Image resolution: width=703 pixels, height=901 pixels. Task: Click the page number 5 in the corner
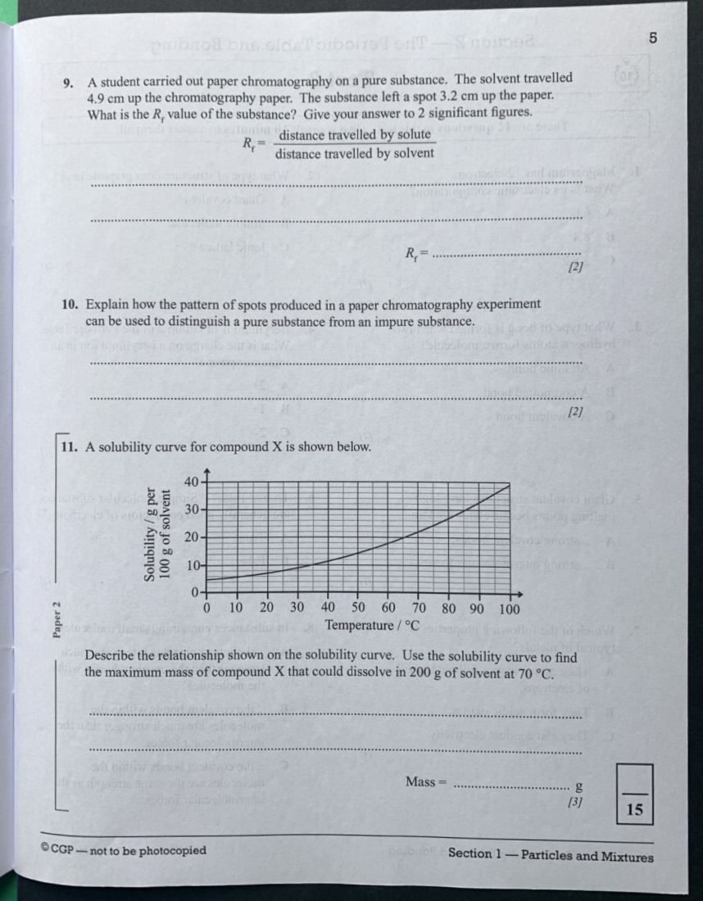[x=653, y=38]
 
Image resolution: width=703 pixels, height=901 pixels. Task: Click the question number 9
[x=70, y=82]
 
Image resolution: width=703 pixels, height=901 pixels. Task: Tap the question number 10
[x=70, y=305]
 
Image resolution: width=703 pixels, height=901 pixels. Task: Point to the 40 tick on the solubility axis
[x=191, y=481]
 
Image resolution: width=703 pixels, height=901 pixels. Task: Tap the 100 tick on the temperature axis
[x=510, y=609]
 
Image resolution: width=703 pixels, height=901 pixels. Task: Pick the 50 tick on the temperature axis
[x=358, y=609]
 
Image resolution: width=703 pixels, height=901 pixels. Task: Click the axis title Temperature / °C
[x=372, y=626]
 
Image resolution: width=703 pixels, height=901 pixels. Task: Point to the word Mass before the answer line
[x=420, y=781]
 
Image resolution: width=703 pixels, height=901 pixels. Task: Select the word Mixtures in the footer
[x=628, y=857]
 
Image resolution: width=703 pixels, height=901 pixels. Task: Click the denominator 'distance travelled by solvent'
[x=354, y=154]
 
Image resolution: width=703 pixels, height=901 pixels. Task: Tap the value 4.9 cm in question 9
[x=106, y=97]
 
